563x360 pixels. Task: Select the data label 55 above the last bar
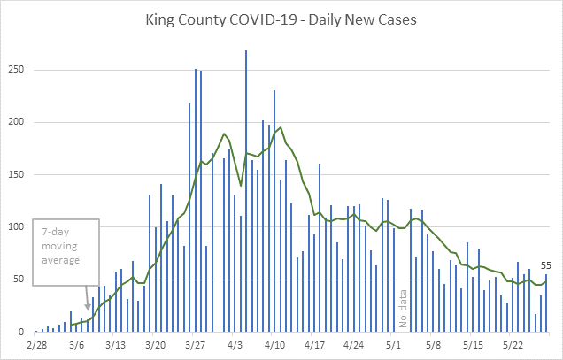547,265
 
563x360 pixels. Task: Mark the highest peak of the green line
281,127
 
